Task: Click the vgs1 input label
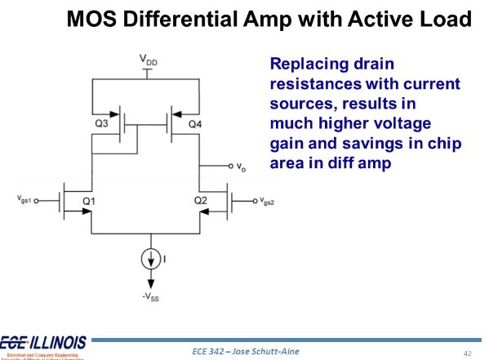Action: (x=25, y=199)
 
